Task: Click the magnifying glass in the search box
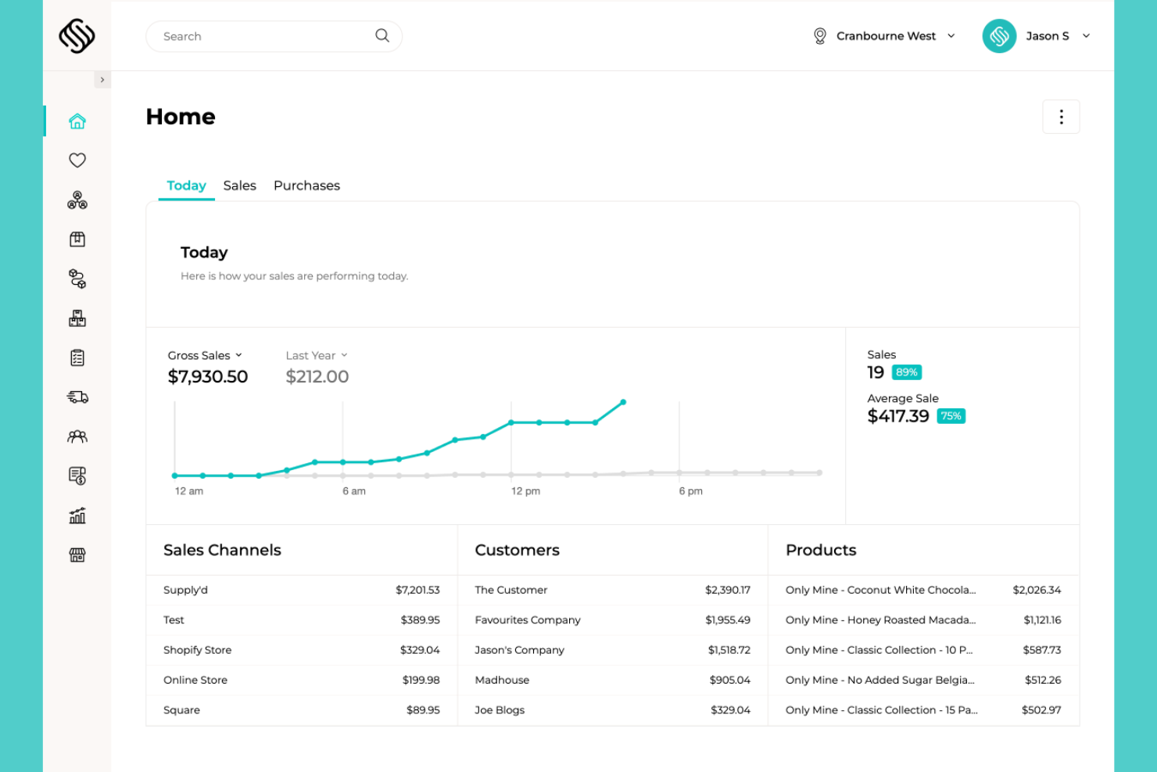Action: click(x=382, y=36)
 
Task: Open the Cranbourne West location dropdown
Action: click(x=884, y=36)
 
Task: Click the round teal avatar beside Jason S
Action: click(x=999, y=36)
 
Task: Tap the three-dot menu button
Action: click(x=1061, y=117)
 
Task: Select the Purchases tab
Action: click(x=306, y=185)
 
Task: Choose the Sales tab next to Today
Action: click(x=240, y=185)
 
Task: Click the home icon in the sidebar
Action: click(x=77, y=121)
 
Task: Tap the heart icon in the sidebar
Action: click(x=77, y=160)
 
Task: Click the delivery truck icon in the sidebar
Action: click(x=77, y=397)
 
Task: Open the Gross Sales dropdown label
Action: click(x=205, y=356)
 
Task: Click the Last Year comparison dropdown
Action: click(x=317, y=356)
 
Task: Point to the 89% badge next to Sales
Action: click(x=907, y=372)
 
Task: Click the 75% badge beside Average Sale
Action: click(x=951, y=416)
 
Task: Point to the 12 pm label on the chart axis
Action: click(x=526, y=491)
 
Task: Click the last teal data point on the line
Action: click(x=623, y=402)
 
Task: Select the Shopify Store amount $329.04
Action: click(x=420, y=650)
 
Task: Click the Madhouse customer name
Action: click(x=502, y=680)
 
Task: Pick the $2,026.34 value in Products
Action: click(x=1037, y=590)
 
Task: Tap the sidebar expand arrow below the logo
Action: click(x=102, y=80)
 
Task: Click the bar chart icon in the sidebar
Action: click(x=77, y=515)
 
